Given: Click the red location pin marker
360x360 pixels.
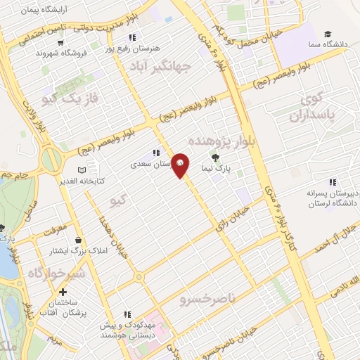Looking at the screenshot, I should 181,165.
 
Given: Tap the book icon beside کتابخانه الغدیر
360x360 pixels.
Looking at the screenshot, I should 82,170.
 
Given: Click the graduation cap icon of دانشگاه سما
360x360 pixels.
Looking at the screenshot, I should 328,34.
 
